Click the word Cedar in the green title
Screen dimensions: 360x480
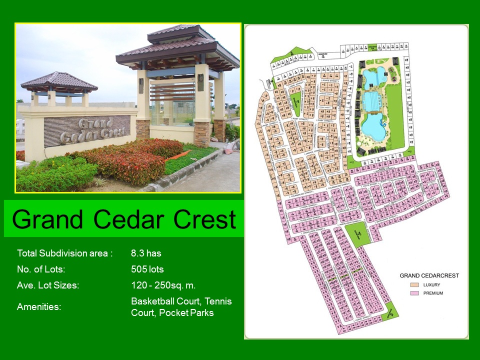coord(123,219)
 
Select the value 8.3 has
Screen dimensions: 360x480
coord(146,253)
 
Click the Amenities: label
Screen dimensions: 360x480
coord(39,306)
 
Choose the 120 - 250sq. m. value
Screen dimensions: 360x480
coord(163,285)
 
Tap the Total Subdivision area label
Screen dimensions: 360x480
coord(64,253)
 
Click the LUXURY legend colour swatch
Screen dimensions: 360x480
coord(414,285)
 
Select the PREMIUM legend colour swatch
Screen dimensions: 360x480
coord(414,293)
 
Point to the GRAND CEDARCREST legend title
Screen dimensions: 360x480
coord(429,275)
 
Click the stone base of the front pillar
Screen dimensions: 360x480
coord(201,133)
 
